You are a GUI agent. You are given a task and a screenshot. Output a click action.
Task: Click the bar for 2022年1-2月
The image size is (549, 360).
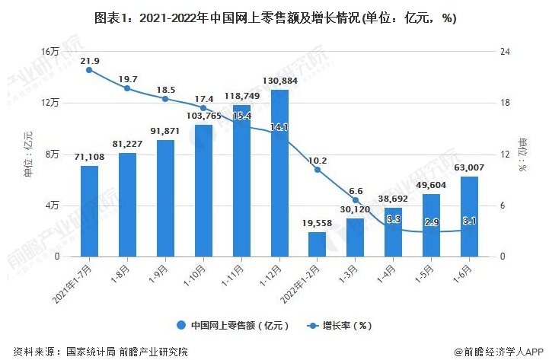pos(318,244)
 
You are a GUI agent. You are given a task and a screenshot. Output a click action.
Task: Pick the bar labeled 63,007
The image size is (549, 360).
pos(469,216)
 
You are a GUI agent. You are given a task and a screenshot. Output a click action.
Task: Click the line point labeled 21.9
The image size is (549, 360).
pos(90,70)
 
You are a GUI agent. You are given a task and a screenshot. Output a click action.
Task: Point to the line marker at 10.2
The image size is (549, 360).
pos(318,170)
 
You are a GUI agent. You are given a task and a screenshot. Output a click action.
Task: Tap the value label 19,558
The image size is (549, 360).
pos(318,224)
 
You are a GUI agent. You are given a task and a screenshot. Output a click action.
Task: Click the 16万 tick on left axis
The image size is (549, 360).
pos(50,52)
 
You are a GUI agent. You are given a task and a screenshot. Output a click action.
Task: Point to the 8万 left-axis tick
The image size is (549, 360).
pos(53,155)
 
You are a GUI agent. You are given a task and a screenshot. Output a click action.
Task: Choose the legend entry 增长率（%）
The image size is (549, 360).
pos(340,324)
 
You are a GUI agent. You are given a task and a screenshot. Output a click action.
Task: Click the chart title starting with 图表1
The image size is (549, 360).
pos(275,18)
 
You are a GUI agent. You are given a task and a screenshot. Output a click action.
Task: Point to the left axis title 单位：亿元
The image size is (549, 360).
pos(29,154)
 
